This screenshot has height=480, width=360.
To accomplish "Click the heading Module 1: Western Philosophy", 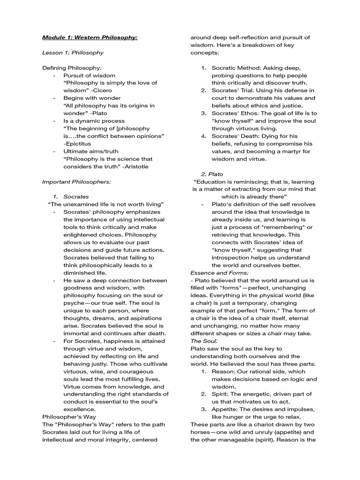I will coord(90,37).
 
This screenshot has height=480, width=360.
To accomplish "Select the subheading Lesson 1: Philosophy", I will coord(73,52).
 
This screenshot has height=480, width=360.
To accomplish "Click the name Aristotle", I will coord(136,166).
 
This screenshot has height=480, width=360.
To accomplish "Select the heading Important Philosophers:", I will coord(76,181).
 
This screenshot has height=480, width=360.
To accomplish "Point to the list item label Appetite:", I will coord(226,409).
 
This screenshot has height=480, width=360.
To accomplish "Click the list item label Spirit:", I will coord(221,394).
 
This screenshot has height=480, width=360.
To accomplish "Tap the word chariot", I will coord(260,424).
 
